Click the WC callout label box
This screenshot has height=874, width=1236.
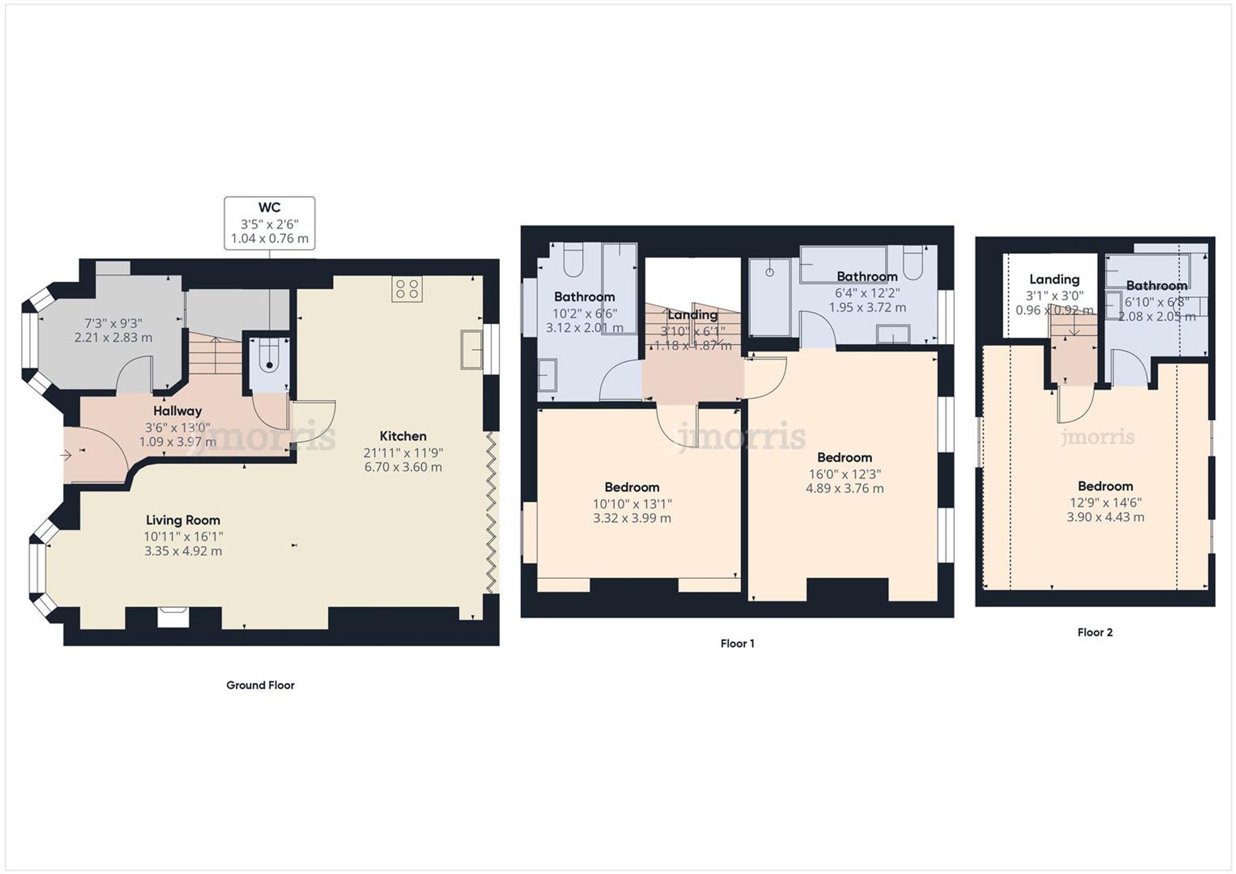pos(269,223)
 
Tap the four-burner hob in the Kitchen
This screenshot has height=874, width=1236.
pos(407,289)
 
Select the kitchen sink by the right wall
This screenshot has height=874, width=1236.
pos(470,350)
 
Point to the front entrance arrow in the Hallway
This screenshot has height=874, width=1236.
pos(66,455)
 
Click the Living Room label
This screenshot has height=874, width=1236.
pos(183,520)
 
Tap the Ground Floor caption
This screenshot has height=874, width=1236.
pos(260,685)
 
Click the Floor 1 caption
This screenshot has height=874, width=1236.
pos(737,644)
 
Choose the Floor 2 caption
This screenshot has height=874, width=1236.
pos(1094,632)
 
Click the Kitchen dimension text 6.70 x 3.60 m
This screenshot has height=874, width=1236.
pos(403,467)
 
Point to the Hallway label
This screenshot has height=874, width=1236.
pos(177,411)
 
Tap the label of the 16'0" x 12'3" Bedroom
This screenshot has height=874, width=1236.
pos(844,458)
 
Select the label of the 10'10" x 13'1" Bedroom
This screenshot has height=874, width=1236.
pos(632,487)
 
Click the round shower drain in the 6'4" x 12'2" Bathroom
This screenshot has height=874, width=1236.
pos(769,272)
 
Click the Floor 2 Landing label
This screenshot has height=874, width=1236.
pos(1054,279)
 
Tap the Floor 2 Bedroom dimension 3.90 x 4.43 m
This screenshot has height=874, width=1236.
pos(1105,517)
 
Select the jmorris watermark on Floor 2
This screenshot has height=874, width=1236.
pos(1098,437)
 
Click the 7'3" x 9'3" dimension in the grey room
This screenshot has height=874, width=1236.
pos(113,323)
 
